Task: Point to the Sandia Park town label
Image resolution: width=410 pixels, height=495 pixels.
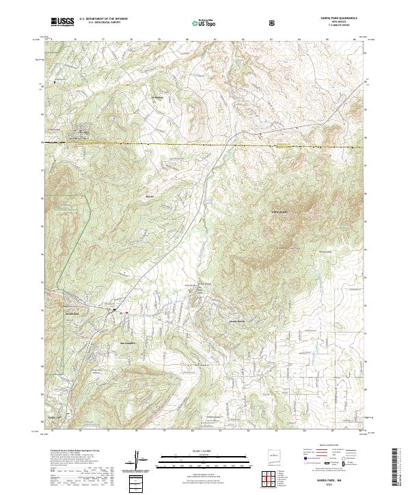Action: pyautogui.click(x=72, y=313)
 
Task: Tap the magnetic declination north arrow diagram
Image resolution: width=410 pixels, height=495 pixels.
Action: pyautogui.click(x=139, y=459)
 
